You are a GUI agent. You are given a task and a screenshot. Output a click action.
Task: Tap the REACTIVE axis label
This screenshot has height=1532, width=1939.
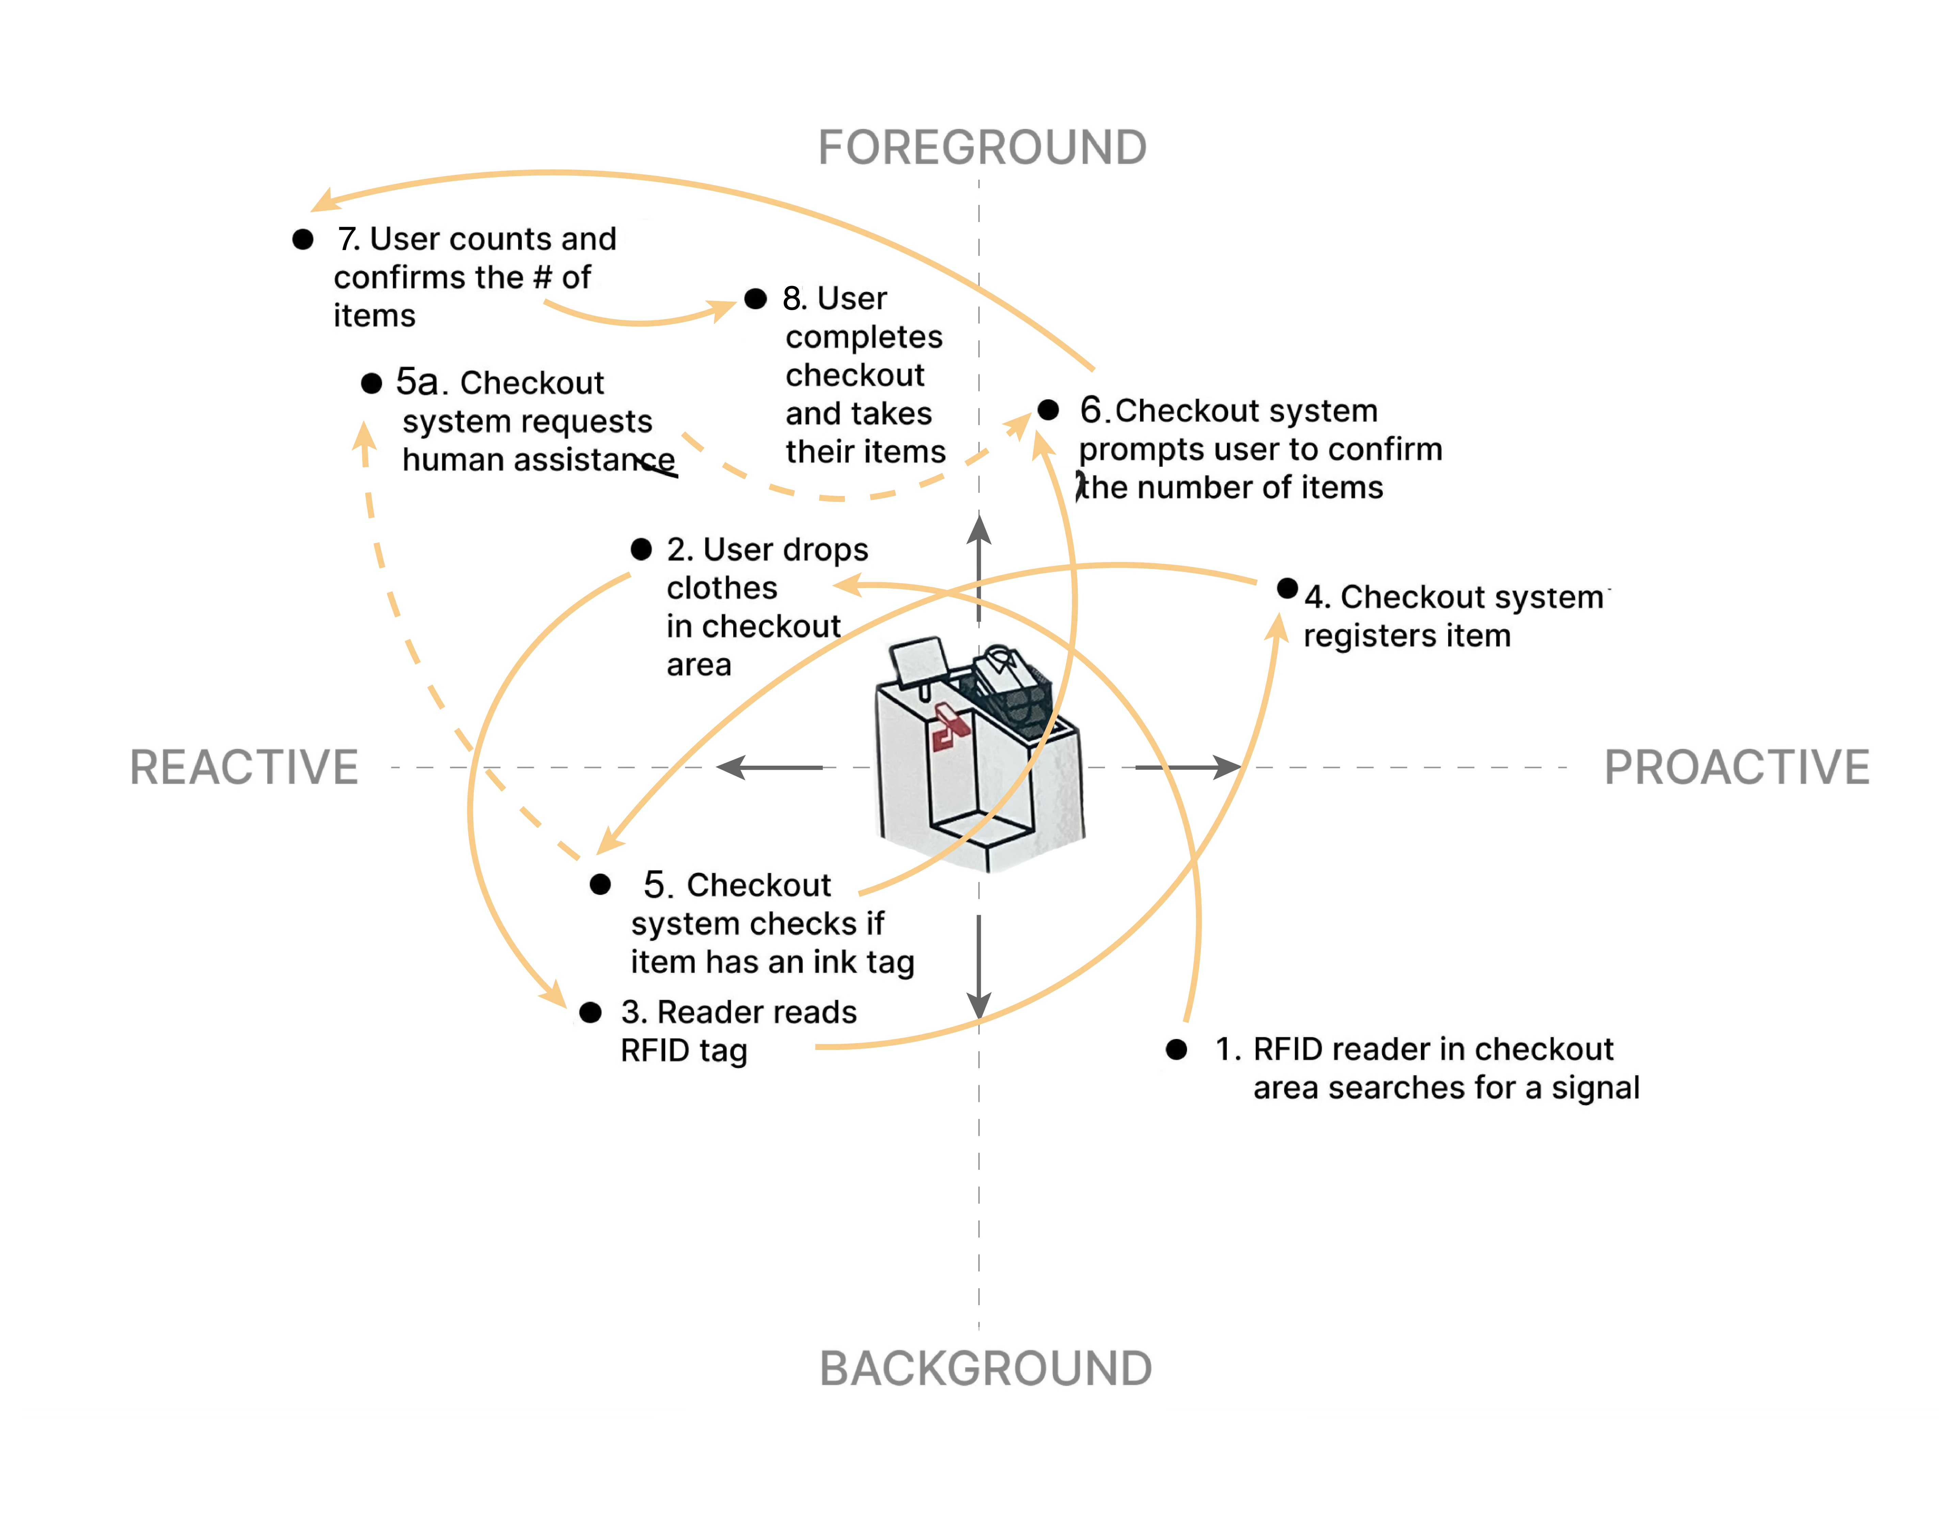pos(244,768)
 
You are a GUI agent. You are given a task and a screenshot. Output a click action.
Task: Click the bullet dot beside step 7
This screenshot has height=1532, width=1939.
pos(303,239)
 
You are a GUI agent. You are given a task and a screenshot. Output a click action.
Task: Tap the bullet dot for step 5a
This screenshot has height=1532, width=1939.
pos(371,384)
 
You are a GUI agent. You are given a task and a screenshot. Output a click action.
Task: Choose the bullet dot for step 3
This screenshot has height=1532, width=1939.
pos(590,1013)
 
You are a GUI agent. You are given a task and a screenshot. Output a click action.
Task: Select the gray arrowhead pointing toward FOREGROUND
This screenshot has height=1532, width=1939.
pos(978,527)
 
